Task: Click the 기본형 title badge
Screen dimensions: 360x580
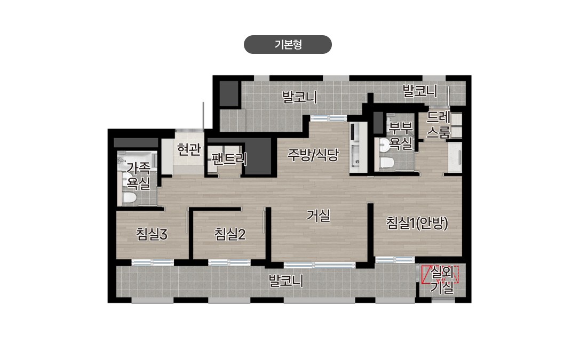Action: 288,45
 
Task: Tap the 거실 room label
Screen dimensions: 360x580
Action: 319,216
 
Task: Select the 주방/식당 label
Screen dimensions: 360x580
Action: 313,155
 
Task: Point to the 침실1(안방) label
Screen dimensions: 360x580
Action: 417,223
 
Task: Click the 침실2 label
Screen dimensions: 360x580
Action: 230,234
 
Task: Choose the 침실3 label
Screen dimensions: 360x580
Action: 152,234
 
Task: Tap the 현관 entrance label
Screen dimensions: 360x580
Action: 189,150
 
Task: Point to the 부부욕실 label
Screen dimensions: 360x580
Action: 401,135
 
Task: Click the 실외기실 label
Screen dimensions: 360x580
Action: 442,281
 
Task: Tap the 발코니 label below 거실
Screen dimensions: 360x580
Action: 286,281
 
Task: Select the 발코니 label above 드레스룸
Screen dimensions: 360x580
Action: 420,91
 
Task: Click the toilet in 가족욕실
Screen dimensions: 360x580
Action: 129,197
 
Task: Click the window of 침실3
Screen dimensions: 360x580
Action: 153,262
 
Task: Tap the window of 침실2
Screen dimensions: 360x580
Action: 229,262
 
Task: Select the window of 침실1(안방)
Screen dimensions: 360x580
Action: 395,260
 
